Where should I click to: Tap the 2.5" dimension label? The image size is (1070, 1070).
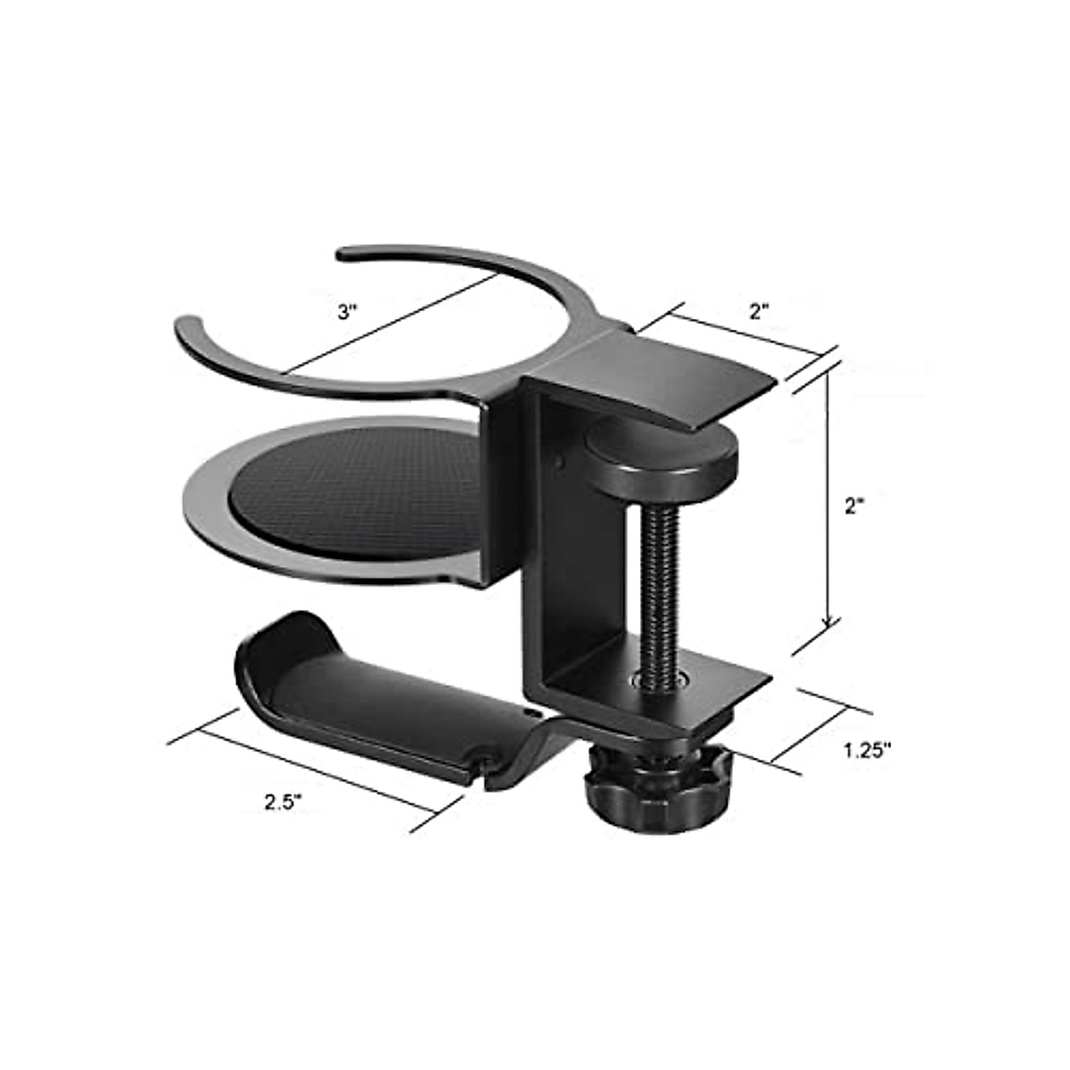click(284, 801)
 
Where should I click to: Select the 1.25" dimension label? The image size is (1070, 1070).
click(867, 750)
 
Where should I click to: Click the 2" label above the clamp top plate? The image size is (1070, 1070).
click(759, 311)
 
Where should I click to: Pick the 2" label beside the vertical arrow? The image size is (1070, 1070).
click(855, 505)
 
